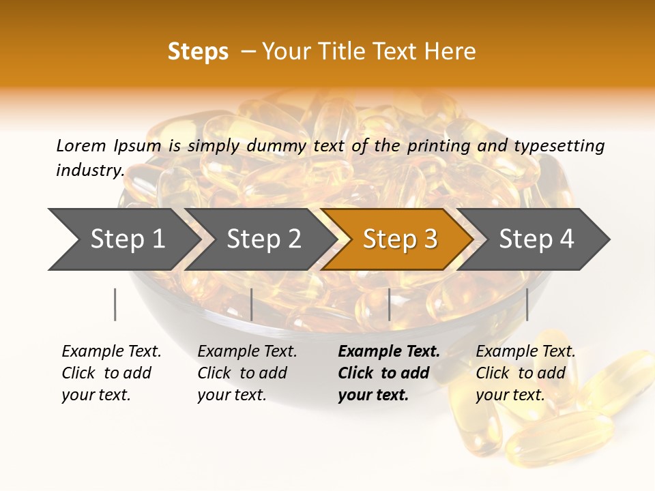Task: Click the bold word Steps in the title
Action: [x=198, y=52]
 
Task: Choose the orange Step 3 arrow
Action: [x=400, y=239]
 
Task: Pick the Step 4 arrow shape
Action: [x=536, y=239]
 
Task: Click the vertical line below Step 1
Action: [x=115, y=304]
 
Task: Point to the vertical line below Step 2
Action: [x=252, y=304]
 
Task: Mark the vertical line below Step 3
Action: [x=390, y=304]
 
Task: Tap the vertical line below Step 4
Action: [x=527, y=304]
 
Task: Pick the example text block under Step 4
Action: [x=525, y=373]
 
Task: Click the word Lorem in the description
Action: [x=81, y=146]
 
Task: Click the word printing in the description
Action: [x=439, y=146]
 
